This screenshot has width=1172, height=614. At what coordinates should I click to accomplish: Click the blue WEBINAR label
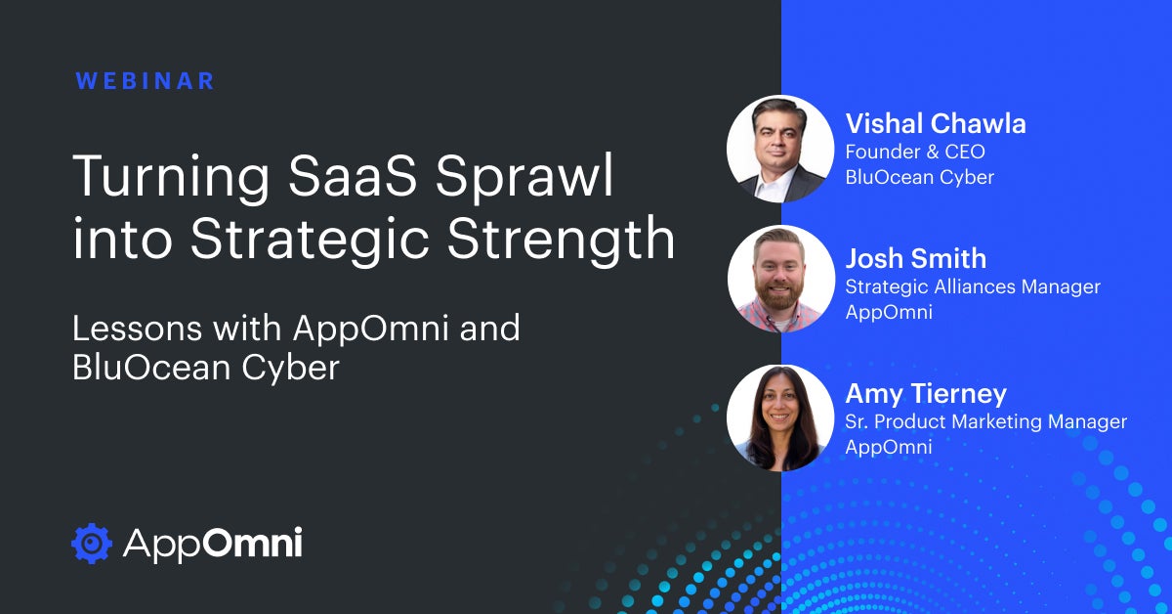pyautogui.click(x=145, y=81)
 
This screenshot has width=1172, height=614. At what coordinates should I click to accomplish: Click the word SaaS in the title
pyautogui.click(x=353, y=176)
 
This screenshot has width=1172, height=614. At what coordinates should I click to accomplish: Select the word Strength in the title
pyautogui.click(x=561, y=240)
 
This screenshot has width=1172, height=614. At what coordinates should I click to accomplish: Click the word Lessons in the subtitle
pyautogui.click(x=137, y=329)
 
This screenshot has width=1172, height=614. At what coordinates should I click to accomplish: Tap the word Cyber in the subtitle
pyautogui.click(x=290, y=369)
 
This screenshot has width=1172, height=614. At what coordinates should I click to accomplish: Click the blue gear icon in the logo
pyautogui.click(x=92, y=544)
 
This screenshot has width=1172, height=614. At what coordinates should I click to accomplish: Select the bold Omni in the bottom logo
pyautogui.click(x=252, y=543)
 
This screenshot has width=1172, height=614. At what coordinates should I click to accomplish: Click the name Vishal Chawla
pyautogui.click(x=936, y=124)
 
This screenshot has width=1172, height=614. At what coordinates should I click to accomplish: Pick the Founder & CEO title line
pyautogui.click(x=915, y=152)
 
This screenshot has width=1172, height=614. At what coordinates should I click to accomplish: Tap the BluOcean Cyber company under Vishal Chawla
pyautogui.click(x=919, y=177)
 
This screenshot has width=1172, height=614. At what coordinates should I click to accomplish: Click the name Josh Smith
pyautogui.click(x=916, y=259)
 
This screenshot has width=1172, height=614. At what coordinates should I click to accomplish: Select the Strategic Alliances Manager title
pyautogui.click(x=973, y=286)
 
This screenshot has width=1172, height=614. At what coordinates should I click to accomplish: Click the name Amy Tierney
pyautogui.click(x=926, y=393)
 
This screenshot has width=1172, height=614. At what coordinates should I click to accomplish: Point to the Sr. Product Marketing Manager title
pyautogui.click(x=985, y=421)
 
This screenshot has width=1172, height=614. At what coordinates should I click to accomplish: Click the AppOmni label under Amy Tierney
pyautogui.click(x=889, y=447)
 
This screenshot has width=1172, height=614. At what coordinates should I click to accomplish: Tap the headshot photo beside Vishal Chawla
pyautogui.click(x=780, y=149)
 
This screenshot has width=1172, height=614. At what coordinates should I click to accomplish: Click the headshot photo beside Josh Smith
pyautogui.click(x=780, y=279)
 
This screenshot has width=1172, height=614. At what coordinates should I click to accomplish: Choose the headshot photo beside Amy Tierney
pyautogui.click(x=780, y=417)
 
